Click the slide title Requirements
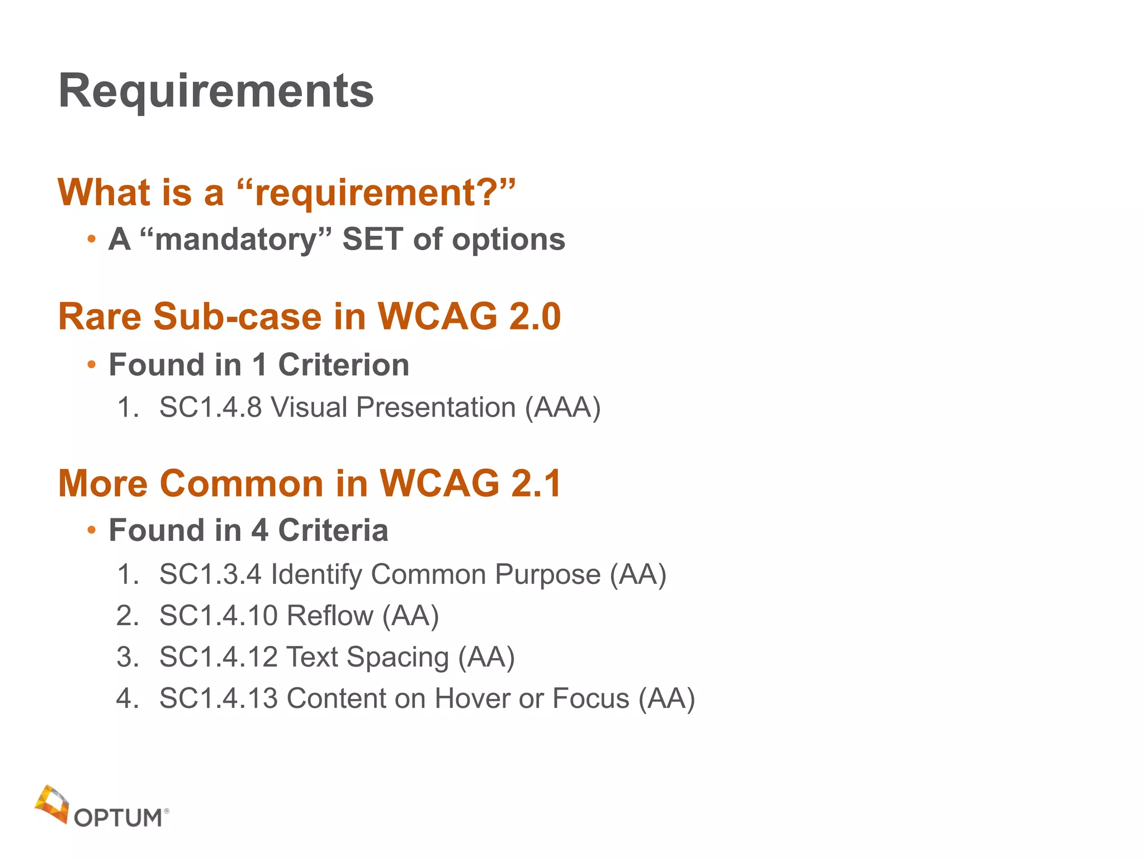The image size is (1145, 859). pyautogui.click(x=216, y=91)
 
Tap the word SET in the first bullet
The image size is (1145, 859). pyautogui.click(x=372, y=239)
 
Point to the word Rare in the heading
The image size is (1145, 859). pyautogui.click(x=100, y=317)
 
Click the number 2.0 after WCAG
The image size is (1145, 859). pyautogui.click(x=534, y=317)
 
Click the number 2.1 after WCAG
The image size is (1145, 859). pyautogui.click(x=536, y=483)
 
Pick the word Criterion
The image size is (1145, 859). pyautogui.click(x=343, y=365)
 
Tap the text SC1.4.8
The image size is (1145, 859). pyautogui.click(x=210, y=407)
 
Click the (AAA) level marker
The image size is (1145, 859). pyautogui.click(x=562, y=407)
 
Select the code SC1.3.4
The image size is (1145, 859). pyautogui.click(x=210, y=574)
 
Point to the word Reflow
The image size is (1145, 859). pyautogui.click(x=329, y=616)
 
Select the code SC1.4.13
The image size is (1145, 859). pyautogui.click(x=218, y=698)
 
